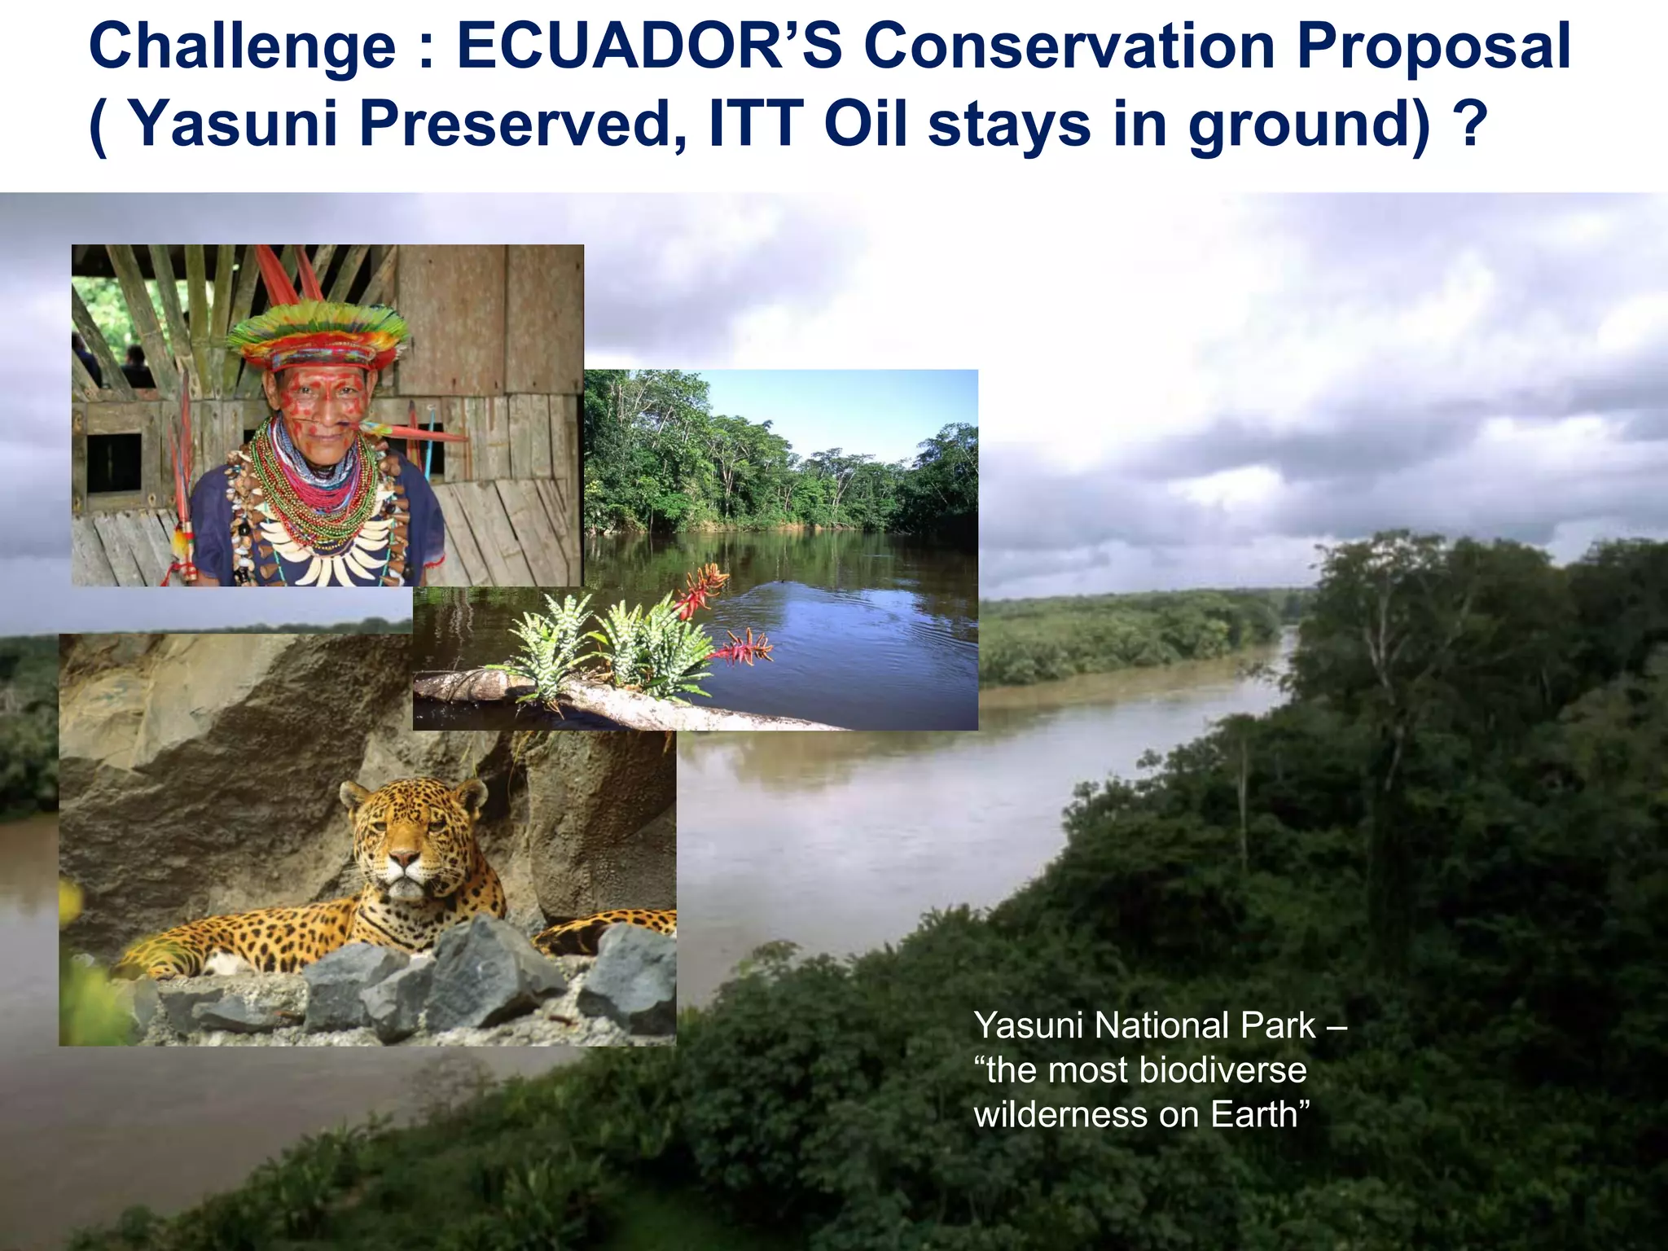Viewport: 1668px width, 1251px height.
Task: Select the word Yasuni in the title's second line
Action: point(233,125)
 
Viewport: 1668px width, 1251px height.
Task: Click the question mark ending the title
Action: point(1470,124)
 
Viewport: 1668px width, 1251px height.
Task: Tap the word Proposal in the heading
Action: point(1433,48)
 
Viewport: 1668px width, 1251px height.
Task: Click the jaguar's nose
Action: point(403,858)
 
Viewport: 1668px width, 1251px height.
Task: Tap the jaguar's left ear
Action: point(470,792)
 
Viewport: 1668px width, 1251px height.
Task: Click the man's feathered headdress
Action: point(318,334)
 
